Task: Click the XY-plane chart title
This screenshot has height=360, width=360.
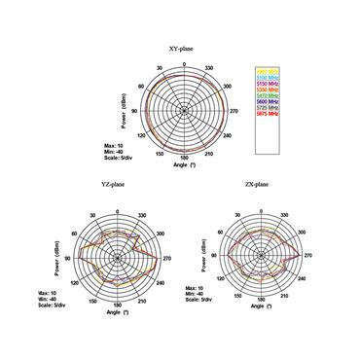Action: click(x=186, y=48)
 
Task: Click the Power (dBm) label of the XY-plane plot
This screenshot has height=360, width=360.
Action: click(x=125, y=110)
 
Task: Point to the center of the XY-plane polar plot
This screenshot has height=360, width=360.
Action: click(x=185, y=110)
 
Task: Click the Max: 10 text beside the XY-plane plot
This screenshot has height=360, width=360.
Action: click(x=113, y=145)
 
